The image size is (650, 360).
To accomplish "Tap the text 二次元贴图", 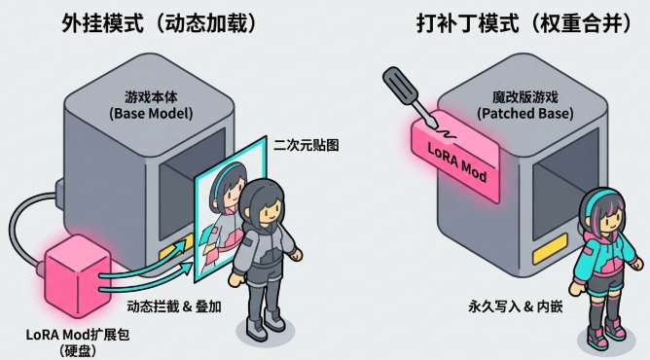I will coord(310,146).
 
